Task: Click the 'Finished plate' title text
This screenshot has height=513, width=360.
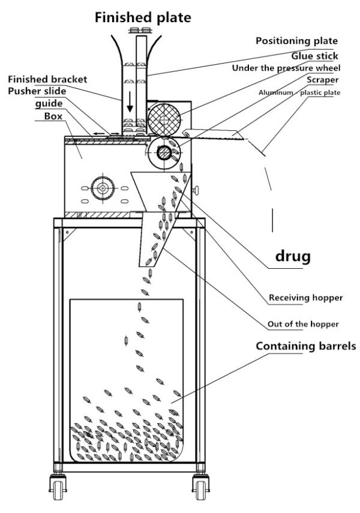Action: pyautogui.click(x=143, y=17)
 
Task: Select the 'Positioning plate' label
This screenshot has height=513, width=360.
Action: pyautogui.click(x=296, y=41)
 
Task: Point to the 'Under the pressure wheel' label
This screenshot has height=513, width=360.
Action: pyautogui.click(x=286, y=68)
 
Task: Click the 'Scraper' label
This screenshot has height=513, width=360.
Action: pyautogui.click(x=323, y=80)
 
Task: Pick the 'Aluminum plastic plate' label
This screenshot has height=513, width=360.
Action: pyautogui.click(x=299, y=92)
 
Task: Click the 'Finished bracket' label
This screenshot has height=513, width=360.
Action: pyautogui.click(x=47, y=79)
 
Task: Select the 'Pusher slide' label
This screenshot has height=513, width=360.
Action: pyautogui.click(x=37, y=91)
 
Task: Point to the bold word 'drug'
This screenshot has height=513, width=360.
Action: pyautogui.click(x=293, y=257)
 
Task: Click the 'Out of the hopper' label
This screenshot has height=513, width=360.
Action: pyautogui.click(x=303, y=324)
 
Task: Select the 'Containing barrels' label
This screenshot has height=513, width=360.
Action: pyautogui.click(x=306, y=346)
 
